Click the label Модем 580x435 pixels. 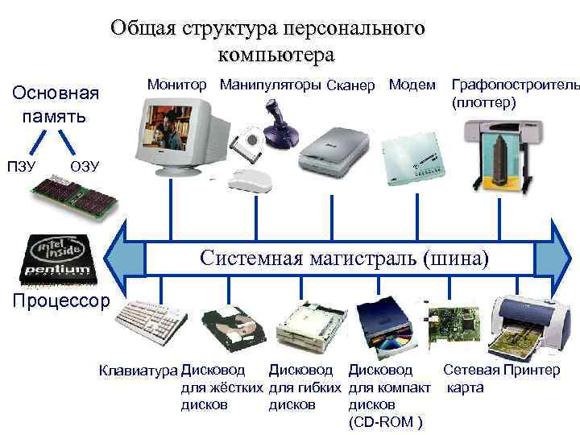[412, 85]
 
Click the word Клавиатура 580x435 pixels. [138, 371]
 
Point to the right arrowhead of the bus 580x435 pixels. [561, 259]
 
